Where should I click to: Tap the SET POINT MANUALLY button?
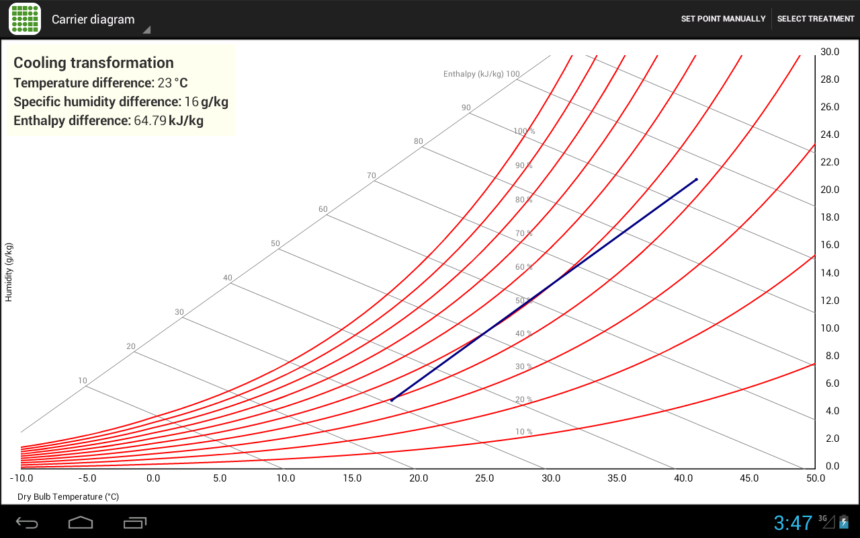(x=723, y=19)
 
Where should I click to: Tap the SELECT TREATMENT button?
(x=816, y=19)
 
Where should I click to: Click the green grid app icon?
(x=25, y=19)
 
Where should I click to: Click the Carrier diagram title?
(x=93, y=20)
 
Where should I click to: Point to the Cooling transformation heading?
(x=93, y=63)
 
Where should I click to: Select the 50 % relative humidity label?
(x=523, y=300)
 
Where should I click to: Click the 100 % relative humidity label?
(x=524, y=131)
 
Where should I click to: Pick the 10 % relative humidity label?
(x=523, y=432)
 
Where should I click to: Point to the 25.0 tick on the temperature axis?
(x=484, y=478)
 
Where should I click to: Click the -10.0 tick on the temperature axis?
(x=21, y=478)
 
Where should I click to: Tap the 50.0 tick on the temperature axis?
(x=815, y=478)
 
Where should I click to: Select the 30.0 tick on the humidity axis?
(x=830, y=52)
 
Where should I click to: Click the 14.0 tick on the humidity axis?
(x=830, y=273)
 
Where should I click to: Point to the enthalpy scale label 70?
(x=372, y=176)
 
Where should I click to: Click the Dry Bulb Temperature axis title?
(x=68, y=496)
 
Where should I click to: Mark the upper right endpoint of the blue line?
(x=697, y=179)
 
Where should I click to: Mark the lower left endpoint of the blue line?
(x=392, y=400)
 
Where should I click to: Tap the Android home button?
(x=81, y=523)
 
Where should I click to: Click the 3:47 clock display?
(x=793, y=523)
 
